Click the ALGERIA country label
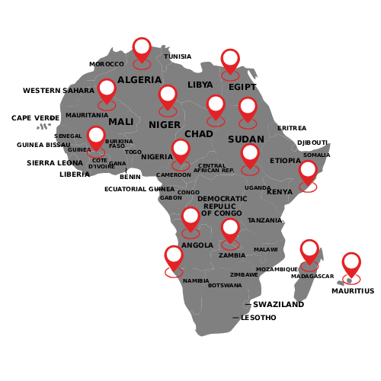click(x=139, y=80)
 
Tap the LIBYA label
click(x=200, y=85)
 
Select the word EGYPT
click(x=242, y=88)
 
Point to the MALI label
click(x=121, y=122)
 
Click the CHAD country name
click(x=199, y=134)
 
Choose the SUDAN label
click(x=246, y=140)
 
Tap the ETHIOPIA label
click(x=286, y=161)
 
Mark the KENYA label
click(x=280, y=192)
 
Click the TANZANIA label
click(x=265, y=221)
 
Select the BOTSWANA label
click(x=225, y=286)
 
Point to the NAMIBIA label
click(x=196, y=281)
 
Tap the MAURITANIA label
click(x=87, y=116)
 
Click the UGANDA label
click(x=258, y=188)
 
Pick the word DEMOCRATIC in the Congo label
click(x=223, y=199)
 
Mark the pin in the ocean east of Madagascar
click(x=351, y=264)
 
